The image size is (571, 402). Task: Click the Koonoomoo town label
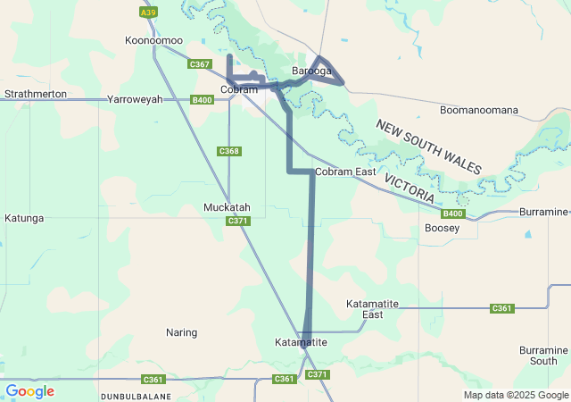point(153,41)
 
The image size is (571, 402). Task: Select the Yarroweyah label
point(135,100)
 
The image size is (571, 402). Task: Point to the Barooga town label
point(312,71)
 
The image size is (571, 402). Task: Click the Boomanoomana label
point(479,110)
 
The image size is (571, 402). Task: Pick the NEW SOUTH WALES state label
point(428,147)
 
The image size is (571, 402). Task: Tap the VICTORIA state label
point(410,187)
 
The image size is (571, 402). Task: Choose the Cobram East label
point(345,172)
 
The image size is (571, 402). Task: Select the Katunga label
point(24,218)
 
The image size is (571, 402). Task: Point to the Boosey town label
point(442,229)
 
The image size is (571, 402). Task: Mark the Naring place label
point(181,332)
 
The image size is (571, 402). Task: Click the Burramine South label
point(543,356)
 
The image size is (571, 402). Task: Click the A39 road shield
point(148,13)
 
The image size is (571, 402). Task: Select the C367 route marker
point(200,64)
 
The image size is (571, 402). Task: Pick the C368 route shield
point(229,151)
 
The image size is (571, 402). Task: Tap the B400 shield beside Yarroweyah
point(203,100)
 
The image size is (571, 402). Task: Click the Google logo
point(29,391)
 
